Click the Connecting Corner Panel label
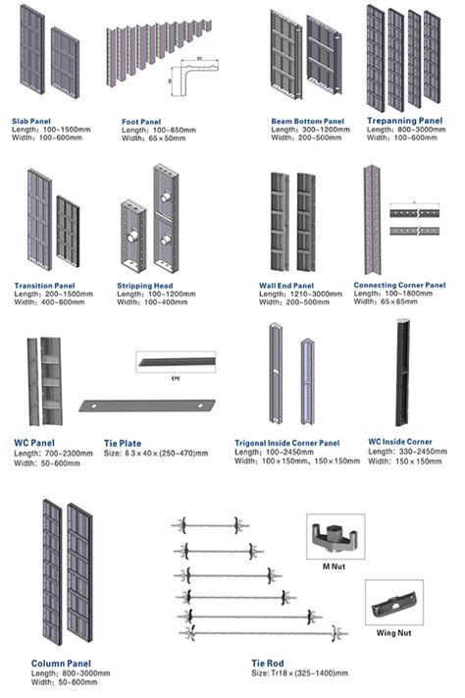point(399,285)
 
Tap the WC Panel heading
point(35,442)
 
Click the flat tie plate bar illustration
point(146,403)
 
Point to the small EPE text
point(177,376)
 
